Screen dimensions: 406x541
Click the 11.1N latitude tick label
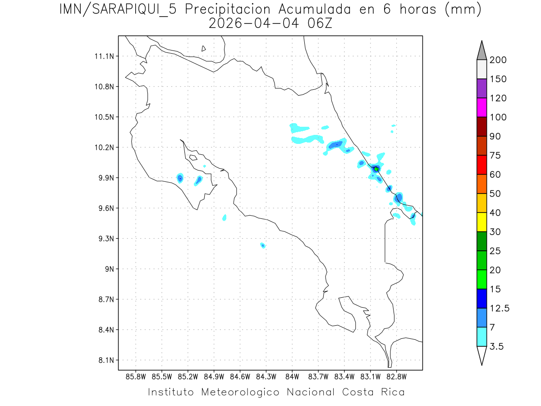pyautogui.click(x=104, y=56)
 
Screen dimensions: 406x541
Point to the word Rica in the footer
pyautogui.click(x=393, y=392)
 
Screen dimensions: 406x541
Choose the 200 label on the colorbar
pyautogui.click(x=498, y=60)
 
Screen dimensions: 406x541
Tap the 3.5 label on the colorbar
pyautogui.click(x=497, y=346)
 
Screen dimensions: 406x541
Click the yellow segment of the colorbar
pyautogui.click(x=481, y=222)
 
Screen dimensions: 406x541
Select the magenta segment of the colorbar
pyautogui.click(x=481, y=107)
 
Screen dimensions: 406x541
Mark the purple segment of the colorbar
pyautogui.click(x=481, y=88)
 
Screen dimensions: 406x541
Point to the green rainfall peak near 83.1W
pyautogui.click(x=376, y=169)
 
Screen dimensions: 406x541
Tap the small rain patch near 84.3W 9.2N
pyautogui.click(x=262, y=245)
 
